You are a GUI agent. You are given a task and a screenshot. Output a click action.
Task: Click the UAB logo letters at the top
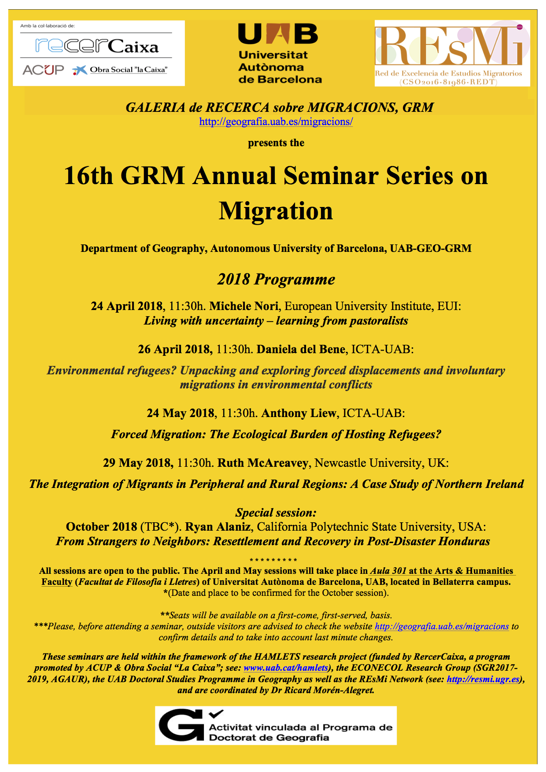pyautogui.click(x=278, y=34)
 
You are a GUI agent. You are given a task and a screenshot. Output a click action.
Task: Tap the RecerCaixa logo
pyautogui.click(x=97, y=45)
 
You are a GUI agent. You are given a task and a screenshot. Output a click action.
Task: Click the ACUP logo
pyautogui.click(x=43, y=70)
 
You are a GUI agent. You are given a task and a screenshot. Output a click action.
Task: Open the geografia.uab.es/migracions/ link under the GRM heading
pyautogui.click(x=276, y=122)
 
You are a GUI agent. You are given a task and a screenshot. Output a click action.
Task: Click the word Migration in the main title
pyautogui.click(x=276, y=211)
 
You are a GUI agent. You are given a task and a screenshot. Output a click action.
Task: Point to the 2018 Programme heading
pyautogui.click(x=276, y=279)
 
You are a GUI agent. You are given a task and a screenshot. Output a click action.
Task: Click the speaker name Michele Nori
pyautogui.click(x=243, y=306)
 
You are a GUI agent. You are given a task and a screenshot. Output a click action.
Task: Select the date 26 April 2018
pyautogui.click(x=175, y=349)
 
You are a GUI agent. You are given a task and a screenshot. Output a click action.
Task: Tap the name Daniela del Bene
pyautogui.click(x=301, y=349)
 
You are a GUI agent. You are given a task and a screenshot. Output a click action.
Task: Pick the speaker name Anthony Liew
pyautogui.click(x=299, y=413)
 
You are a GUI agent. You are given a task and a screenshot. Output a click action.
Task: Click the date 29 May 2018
pyautogui.click(x=137, y=463)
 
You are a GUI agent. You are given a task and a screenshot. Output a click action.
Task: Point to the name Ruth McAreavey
pyautogui.click(x=263, y=463)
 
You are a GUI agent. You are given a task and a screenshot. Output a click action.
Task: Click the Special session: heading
pyautogui.click(x=276, y=513)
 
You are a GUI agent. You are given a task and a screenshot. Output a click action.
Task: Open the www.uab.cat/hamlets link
pyautogui.click(x=286, y=668)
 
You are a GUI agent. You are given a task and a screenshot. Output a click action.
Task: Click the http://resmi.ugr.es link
pyautogui.click(x=483, y=679)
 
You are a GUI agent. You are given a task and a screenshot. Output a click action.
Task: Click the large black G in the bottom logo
pyautogui.click(x=180, y=725)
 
